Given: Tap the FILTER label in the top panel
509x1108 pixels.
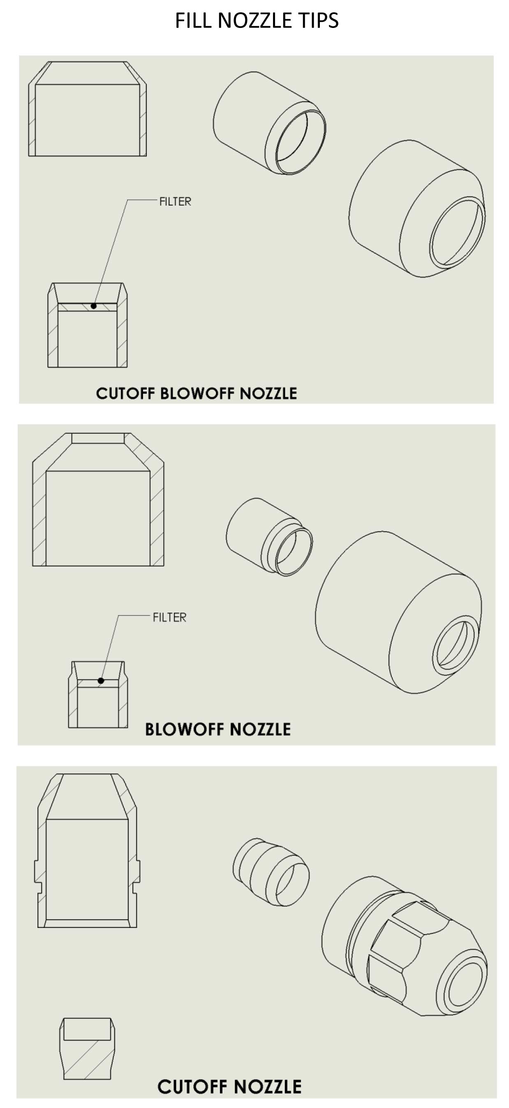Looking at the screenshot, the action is point(175,201).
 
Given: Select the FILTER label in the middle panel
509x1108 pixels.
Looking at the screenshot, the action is point(169,617).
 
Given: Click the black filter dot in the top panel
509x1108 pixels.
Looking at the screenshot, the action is point(93,306).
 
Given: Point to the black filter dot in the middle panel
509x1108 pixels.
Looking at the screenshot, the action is point(101,680).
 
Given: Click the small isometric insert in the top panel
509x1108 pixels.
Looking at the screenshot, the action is point(269,123).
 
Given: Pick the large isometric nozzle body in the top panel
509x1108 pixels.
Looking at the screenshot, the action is point(416,208).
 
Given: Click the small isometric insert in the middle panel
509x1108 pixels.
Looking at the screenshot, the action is point(269,537).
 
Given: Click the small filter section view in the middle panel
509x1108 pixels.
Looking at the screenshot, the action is point(98,694).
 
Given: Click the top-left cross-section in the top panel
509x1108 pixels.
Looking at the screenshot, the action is point(87,109).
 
